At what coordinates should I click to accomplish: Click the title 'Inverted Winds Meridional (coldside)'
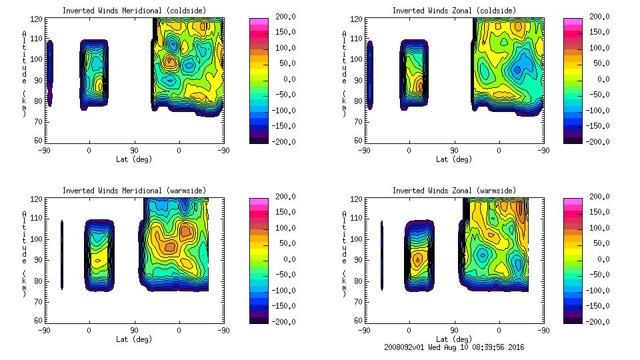[134, 10]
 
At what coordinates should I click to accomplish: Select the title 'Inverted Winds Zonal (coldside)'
[454, 10]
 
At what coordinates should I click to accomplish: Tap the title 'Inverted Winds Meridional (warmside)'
[134, 191]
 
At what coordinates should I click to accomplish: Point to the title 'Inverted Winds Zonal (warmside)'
[454, 191]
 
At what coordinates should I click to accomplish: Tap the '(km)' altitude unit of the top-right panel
[344, 103]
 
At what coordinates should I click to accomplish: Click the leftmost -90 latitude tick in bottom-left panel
[44, 330]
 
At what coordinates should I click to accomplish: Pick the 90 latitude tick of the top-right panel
[454, 150]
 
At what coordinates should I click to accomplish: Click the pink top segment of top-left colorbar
[259, 22]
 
